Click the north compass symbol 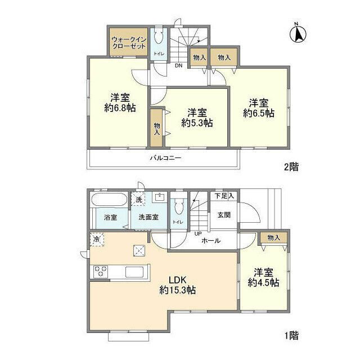point(298,34)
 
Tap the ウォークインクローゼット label point(129,43)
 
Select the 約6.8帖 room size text point(120,107)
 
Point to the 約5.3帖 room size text point(197,123)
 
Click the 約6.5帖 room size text point(259,113)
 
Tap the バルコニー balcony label point(166,158)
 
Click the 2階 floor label point(291,166)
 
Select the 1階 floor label point(291,336)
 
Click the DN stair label point(179,66)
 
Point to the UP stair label point(198,234)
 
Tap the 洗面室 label point(148,217)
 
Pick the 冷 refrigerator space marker point(97,240)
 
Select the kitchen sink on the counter point(134,272)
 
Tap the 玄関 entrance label point(224,215)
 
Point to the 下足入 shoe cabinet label point(224,196)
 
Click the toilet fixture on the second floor point(159,35)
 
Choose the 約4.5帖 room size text point(264,282)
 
